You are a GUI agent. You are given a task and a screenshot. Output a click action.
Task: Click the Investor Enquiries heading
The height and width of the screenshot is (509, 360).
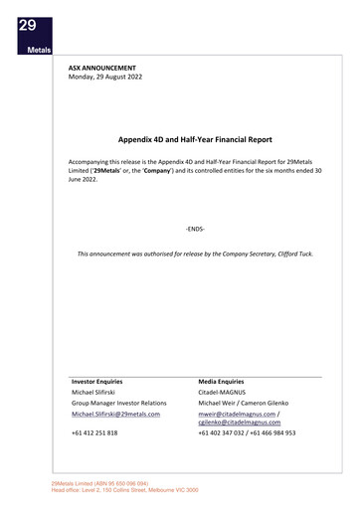click(x=97, y=381)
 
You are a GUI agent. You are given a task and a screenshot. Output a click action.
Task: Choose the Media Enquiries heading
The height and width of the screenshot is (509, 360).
click(x=221, y=381)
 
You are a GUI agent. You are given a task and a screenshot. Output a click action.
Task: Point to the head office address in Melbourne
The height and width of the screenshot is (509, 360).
click(x=124, y=490)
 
